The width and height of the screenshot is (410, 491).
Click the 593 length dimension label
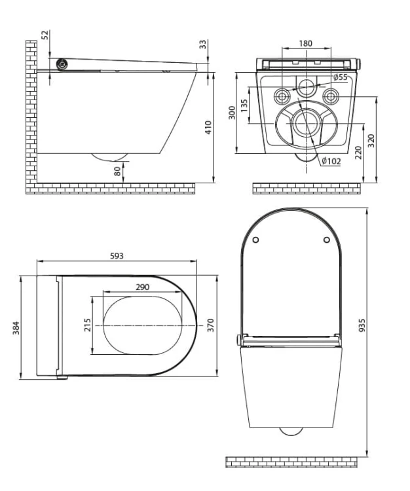pos(117,256)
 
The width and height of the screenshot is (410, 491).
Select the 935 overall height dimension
pos(362,325)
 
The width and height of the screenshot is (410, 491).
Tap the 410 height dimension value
pos(208,127)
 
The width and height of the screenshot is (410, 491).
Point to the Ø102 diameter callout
pos(331,161)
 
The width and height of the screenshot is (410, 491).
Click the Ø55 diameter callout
pos(340,77)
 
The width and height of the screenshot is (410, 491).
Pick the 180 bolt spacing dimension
pos(305,43)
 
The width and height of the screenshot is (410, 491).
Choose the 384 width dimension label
pos(16,327)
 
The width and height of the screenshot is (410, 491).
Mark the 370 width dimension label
pos(210,325)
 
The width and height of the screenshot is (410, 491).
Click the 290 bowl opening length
pos(143,287)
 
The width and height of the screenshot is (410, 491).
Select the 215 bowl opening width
pos(87,325)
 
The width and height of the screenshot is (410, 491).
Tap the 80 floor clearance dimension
pos(117,171)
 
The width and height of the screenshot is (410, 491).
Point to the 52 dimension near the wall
pos(45,35)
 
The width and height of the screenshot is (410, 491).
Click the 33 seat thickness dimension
pos(203,44)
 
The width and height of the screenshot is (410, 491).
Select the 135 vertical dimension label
pos(244,105)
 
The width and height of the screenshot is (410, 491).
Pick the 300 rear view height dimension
pos(232,113)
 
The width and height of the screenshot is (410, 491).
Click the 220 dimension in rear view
pos(359,153)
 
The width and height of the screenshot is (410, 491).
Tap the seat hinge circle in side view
pos(62,64)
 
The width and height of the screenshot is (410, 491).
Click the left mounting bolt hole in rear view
pos(282,96)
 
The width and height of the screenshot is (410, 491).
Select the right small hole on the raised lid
pos(327,240)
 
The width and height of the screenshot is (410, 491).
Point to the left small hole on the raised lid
pos(256,240)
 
